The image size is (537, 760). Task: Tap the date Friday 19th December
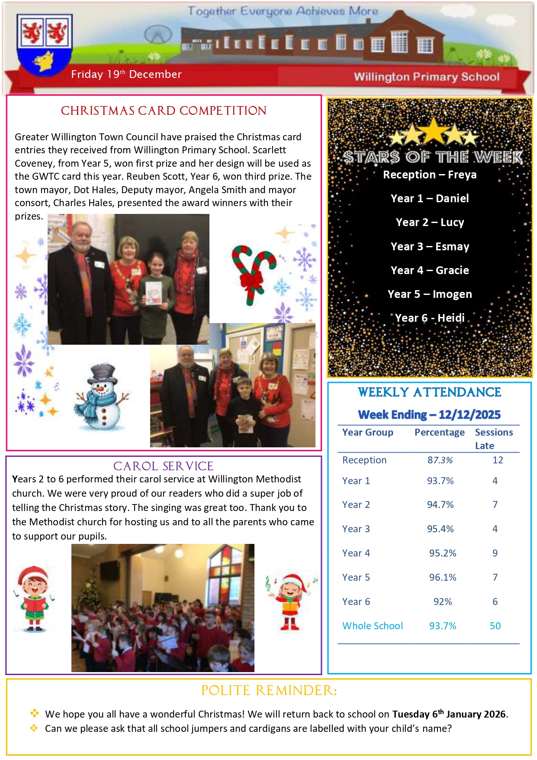(x=126, y=74)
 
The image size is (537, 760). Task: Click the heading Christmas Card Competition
(x=164, y=111)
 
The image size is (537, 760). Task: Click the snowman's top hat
(x=103, y=373)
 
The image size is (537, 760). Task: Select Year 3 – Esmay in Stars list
(x=430, y=246)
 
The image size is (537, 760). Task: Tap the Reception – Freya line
(x=430, y=175)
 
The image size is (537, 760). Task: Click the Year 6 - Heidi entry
(x=430, y=318)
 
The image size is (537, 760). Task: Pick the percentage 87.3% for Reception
(x=440, y=460)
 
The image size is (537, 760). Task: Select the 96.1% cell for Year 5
(x=443, y=578)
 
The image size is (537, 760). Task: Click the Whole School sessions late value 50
(x=495, y=626)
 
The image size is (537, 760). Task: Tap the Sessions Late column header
(x=493, y=439)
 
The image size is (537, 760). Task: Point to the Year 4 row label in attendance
(x=356, y=553)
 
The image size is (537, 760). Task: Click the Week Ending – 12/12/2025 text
(x=429, y=415)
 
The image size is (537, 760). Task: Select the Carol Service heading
(x=163, y=466)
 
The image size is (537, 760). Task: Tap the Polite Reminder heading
(x=269, y=691)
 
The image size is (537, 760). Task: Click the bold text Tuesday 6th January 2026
(x=450, y=714)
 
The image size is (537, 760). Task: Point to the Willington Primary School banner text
(x=426, y=77)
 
